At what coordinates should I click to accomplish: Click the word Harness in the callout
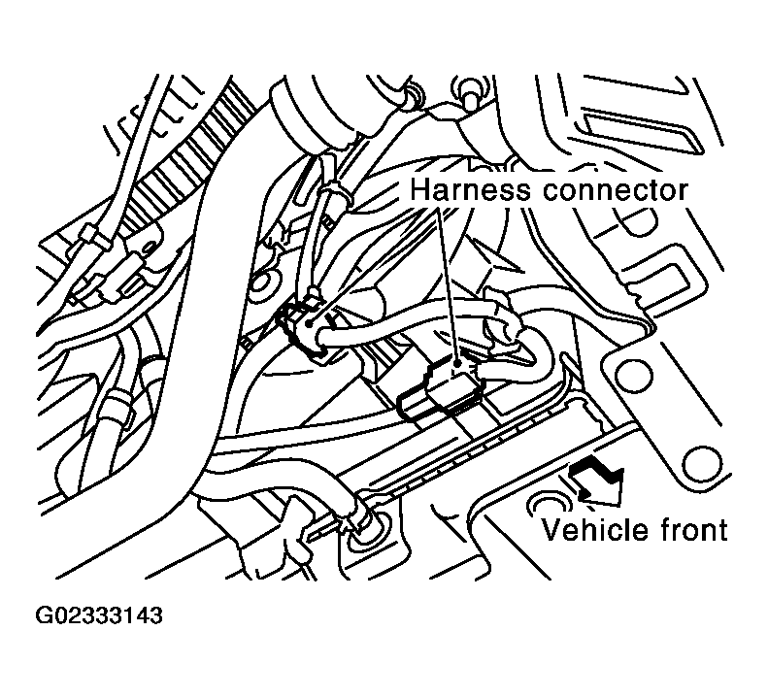point(469,190)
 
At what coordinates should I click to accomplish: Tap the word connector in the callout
point(615,191)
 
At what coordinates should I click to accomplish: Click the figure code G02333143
point(98,615)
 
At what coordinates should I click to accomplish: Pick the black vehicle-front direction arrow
point(597,480)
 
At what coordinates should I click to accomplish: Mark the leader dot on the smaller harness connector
point(309,323)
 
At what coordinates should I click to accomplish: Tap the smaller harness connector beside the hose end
point(300,328)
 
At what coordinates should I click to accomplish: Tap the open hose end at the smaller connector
point(324,339)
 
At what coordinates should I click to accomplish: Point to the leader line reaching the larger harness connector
point(448,283)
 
